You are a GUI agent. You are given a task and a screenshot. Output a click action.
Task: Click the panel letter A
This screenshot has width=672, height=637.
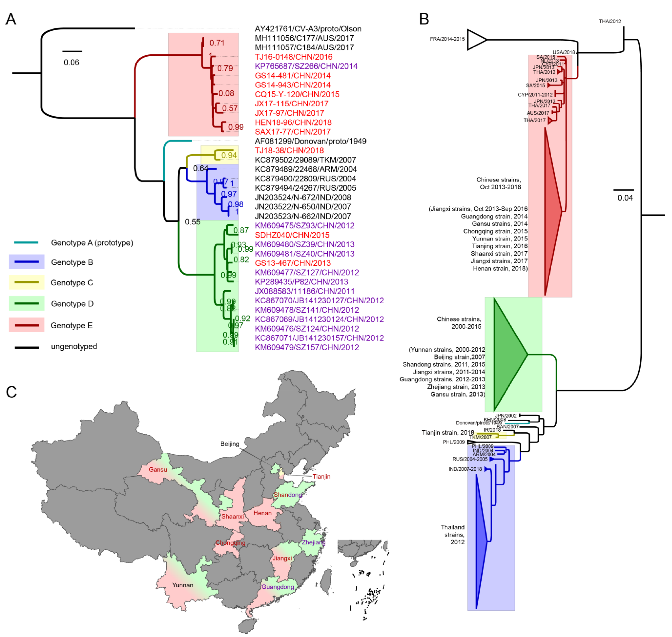click(x=11, y=19)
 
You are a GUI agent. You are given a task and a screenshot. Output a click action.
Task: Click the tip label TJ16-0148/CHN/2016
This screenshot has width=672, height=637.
click(x=293, y=57)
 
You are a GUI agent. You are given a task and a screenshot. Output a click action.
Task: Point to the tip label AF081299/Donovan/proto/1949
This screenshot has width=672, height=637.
click(x=310, y=141)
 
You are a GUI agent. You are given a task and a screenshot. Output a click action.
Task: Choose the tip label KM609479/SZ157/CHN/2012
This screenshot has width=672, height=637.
click(x=307, y=347)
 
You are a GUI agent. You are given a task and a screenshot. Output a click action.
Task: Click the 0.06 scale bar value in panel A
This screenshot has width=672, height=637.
click(x=71, y=62)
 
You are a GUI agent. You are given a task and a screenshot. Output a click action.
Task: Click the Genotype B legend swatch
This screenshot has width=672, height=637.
click(x=26, y=262)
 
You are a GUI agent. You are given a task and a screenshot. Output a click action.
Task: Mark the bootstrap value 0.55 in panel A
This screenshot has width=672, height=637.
click(x=192, y=222)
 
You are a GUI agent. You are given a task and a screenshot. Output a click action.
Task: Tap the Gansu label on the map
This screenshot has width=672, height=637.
click(x=158, y=470)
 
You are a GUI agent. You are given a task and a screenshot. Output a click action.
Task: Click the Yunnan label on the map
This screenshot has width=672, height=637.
click(x=183, y=585)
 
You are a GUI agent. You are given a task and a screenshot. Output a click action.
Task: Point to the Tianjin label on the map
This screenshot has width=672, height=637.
click(x=321, y=476)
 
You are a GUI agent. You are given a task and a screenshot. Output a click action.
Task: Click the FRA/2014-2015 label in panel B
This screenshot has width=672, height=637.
click(x=447, y=39)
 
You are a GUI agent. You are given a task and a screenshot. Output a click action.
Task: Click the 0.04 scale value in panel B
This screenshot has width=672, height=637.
click(x=625, y=198)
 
